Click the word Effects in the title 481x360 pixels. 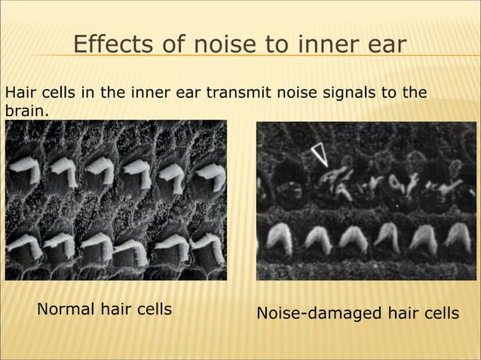[x=109, y=46]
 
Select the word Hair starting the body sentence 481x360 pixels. [x=20, y=93]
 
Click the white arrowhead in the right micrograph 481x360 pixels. [x=320, y=154]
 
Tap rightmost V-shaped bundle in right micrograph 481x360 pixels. [x=456, y=238]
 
